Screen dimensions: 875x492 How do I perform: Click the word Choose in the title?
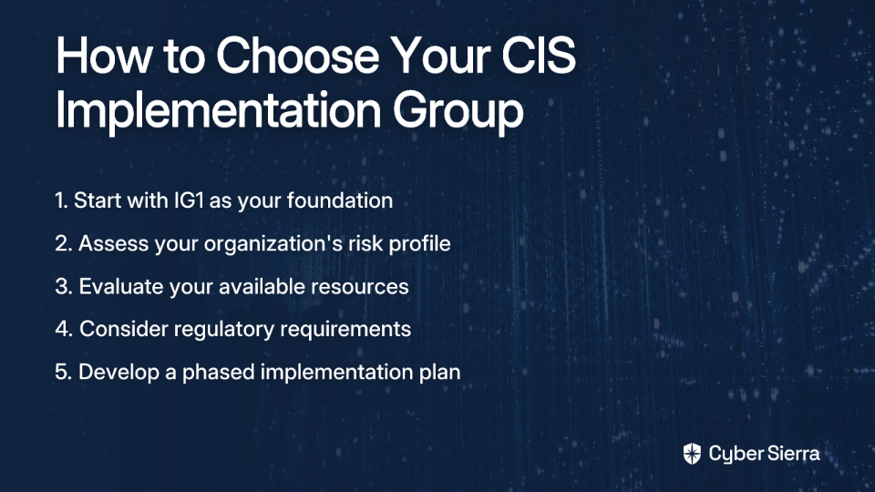click(x=297, y=55)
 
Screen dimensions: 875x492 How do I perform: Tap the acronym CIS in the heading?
click(x=539, y=55)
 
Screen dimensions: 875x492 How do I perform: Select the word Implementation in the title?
click(x=218, y=109)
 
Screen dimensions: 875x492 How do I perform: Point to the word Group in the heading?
click(x=458, y=110)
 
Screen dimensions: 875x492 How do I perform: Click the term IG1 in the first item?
click(x=189, y=200)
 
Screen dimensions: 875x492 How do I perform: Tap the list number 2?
click(x=63, y=244)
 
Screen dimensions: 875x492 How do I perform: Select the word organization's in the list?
click(x=273, y=244)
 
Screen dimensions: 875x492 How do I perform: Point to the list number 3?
click(x=64, y=287)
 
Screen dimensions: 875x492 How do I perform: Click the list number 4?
click(x=64, y=329)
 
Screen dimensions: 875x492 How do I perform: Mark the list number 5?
click(x=63, y=372)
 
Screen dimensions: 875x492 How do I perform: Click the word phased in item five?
click(x=219, y=372)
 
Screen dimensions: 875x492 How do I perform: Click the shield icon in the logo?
click(x=692, y=454)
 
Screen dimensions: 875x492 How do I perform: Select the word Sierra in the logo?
click(x=792, y=454)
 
